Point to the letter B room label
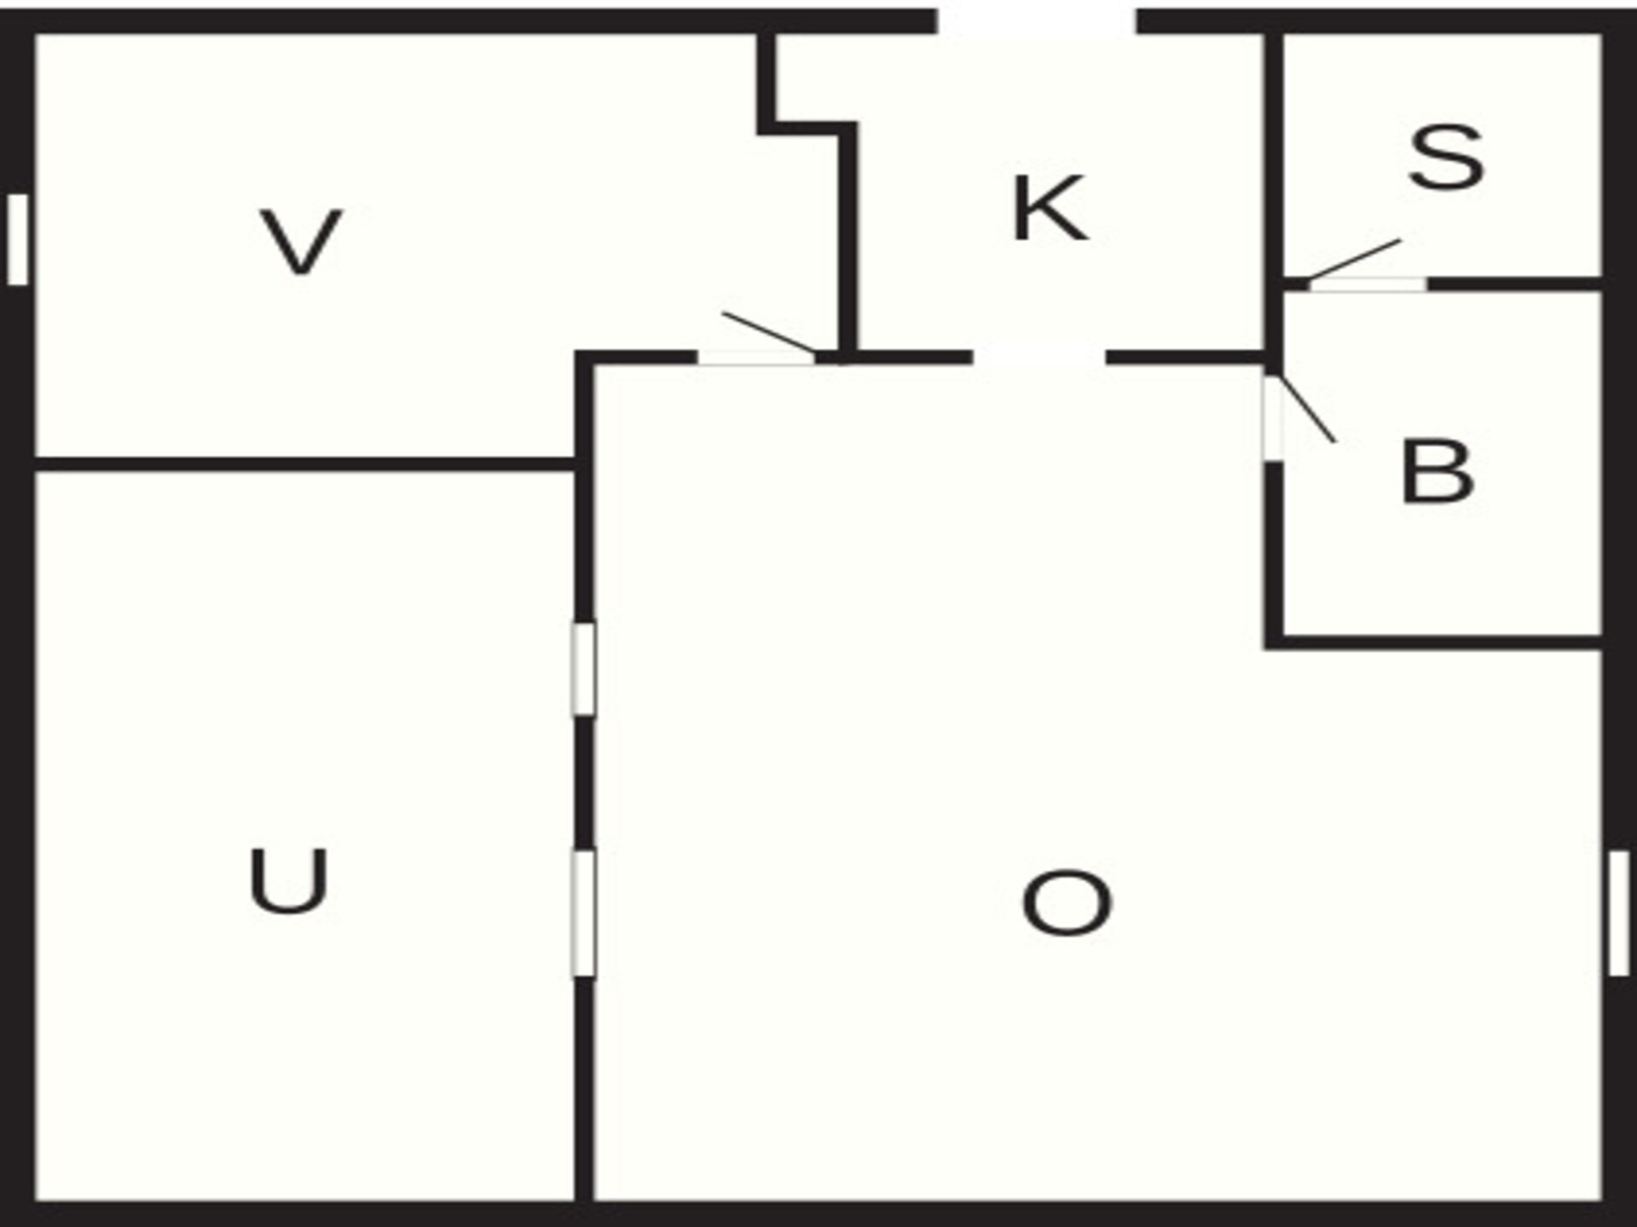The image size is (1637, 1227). tap(1437, 472)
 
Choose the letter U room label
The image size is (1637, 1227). tap(288, 881)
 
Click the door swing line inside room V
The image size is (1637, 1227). tap(769, 333)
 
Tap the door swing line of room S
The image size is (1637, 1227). tap(1354, 259)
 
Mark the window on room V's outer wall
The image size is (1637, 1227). tap(18, 239)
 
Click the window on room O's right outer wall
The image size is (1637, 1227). tap(1619, 913)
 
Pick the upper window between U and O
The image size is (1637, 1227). tap(583, 670)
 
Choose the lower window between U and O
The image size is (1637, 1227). tap(583, 913)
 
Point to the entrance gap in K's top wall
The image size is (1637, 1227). tap(1037, 21)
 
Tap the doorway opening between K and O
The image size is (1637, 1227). tap(1039, 357)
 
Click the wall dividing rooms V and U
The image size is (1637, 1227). tap(305, 464)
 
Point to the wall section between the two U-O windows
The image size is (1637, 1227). tap(584, 783)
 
